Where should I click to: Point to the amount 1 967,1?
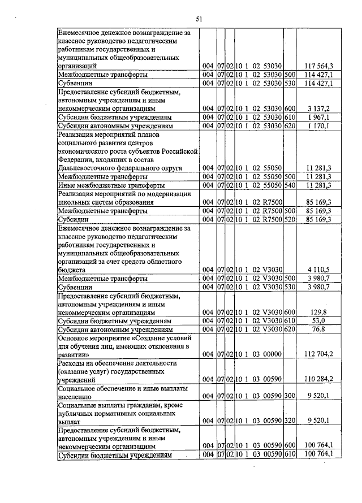pyautogui.click(x=323, y=117)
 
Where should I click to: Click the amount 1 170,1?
pyautogui.click(x=323, y=125)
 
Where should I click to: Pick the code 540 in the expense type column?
pyautogui.click(x=290, y=185)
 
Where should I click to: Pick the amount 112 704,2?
pyautogui.click(x=318, y=354)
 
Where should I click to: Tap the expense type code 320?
pyautogui.click(x=290, y=421)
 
